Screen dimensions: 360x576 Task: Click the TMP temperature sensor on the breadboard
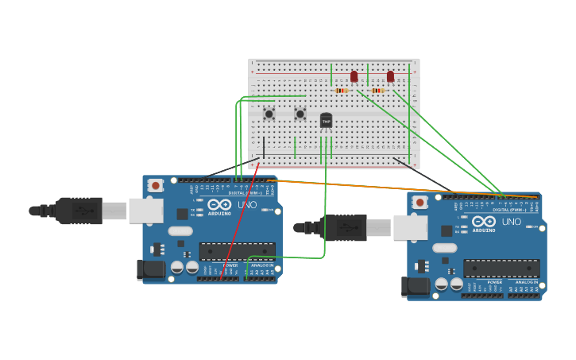(326, 120)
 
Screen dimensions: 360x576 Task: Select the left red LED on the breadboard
(354, 76)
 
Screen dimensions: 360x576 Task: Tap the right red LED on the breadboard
(390, 76)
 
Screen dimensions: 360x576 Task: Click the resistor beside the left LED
(342, 91)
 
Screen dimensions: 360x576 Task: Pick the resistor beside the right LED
(377, 91)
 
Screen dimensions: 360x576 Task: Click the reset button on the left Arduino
(156, 185)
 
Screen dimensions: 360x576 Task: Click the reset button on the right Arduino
(420, 203)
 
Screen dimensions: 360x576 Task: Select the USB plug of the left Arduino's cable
(79, 211)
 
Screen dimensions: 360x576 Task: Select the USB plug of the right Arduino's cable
(344, 228)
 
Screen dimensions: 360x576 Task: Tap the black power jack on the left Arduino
(151, 270)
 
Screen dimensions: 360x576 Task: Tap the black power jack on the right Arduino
(416, 287)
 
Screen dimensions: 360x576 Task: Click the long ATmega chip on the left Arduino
(237, 252)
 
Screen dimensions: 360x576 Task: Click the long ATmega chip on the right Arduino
(501, 269)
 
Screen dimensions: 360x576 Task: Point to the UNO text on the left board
(247, 204)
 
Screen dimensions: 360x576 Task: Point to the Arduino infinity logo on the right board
(484, 221)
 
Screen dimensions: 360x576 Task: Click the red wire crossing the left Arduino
(238, 223)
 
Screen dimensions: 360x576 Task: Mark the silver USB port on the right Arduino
(410, 228)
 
